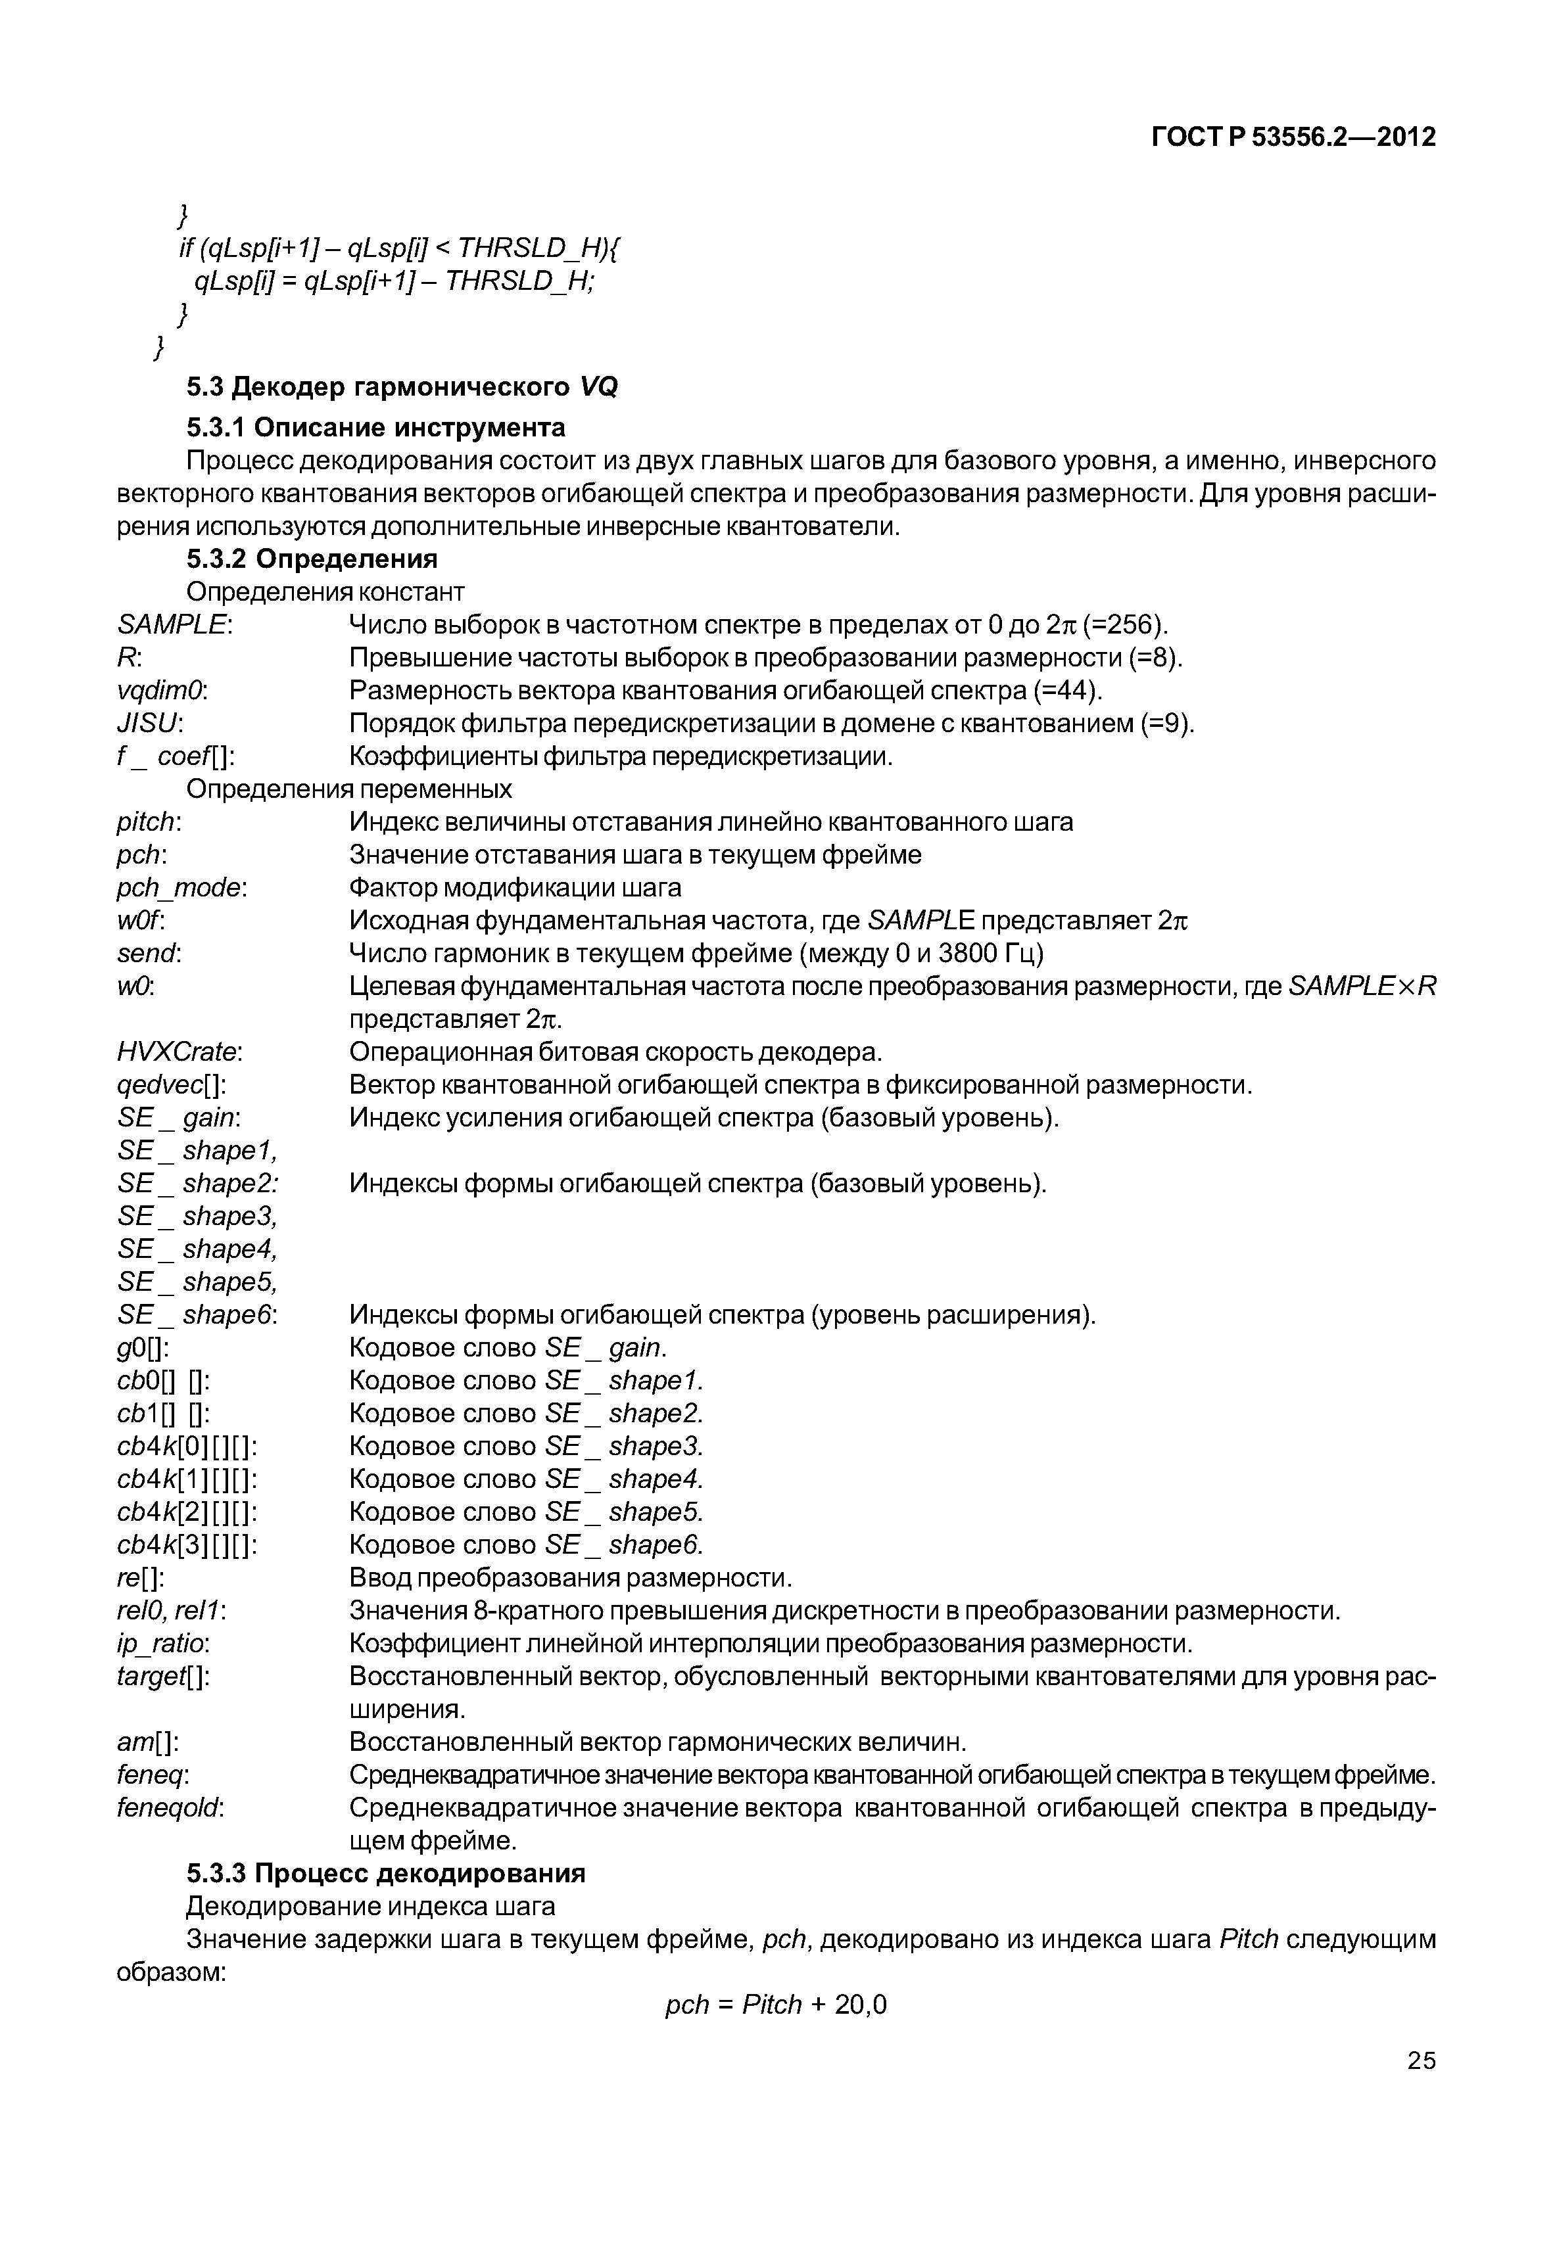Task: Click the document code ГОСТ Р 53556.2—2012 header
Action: pos(1293,138)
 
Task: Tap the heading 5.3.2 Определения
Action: pos(312,559)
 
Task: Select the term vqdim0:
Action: pos(162,691)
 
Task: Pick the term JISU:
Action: pos(150,724)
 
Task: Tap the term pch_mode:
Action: pos(182,888)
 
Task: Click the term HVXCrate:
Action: pos(180,1052)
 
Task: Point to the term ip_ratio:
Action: pos(162,1644)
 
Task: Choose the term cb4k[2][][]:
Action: pos(187,1513)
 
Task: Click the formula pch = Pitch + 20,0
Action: pos(776,2005)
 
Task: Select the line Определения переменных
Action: pos(348,788)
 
